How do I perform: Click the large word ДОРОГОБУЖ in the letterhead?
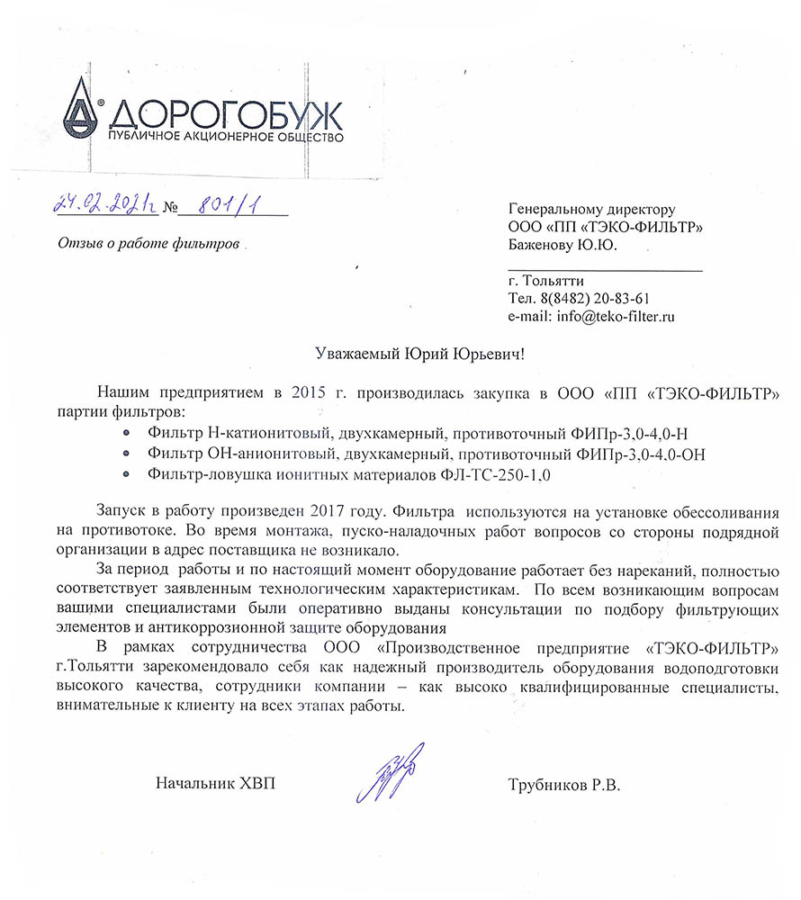tap(226, 115)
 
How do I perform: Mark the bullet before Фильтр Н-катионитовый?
tap(126, 433)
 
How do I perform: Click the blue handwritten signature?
tap(393, 772)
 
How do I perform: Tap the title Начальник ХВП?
tap(215, 784)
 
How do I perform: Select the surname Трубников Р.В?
tap(564, 784)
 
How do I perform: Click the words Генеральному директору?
tap(591, 208)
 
